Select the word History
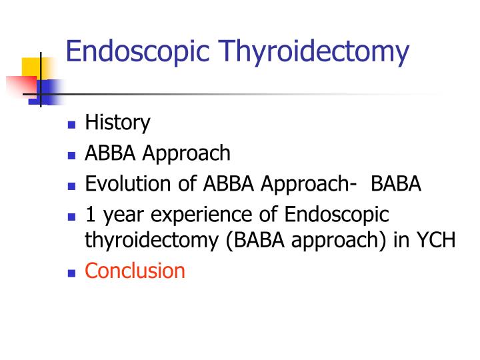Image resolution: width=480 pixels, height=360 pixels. click(117, 123)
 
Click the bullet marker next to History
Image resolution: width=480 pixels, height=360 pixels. click(72, 125)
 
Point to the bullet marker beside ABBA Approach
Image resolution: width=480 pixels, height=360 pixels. click(72, 155)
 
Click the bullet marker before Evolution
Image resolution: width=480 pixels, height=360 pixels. click(72, 186)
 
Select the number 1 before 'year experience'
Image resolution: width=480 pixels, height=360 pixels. click(91, 215)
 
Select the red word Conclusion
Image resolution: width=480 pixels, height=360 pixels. click(135, 271)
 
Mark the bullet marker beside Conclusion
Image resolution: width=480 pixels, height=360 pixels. click(72, 273)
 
